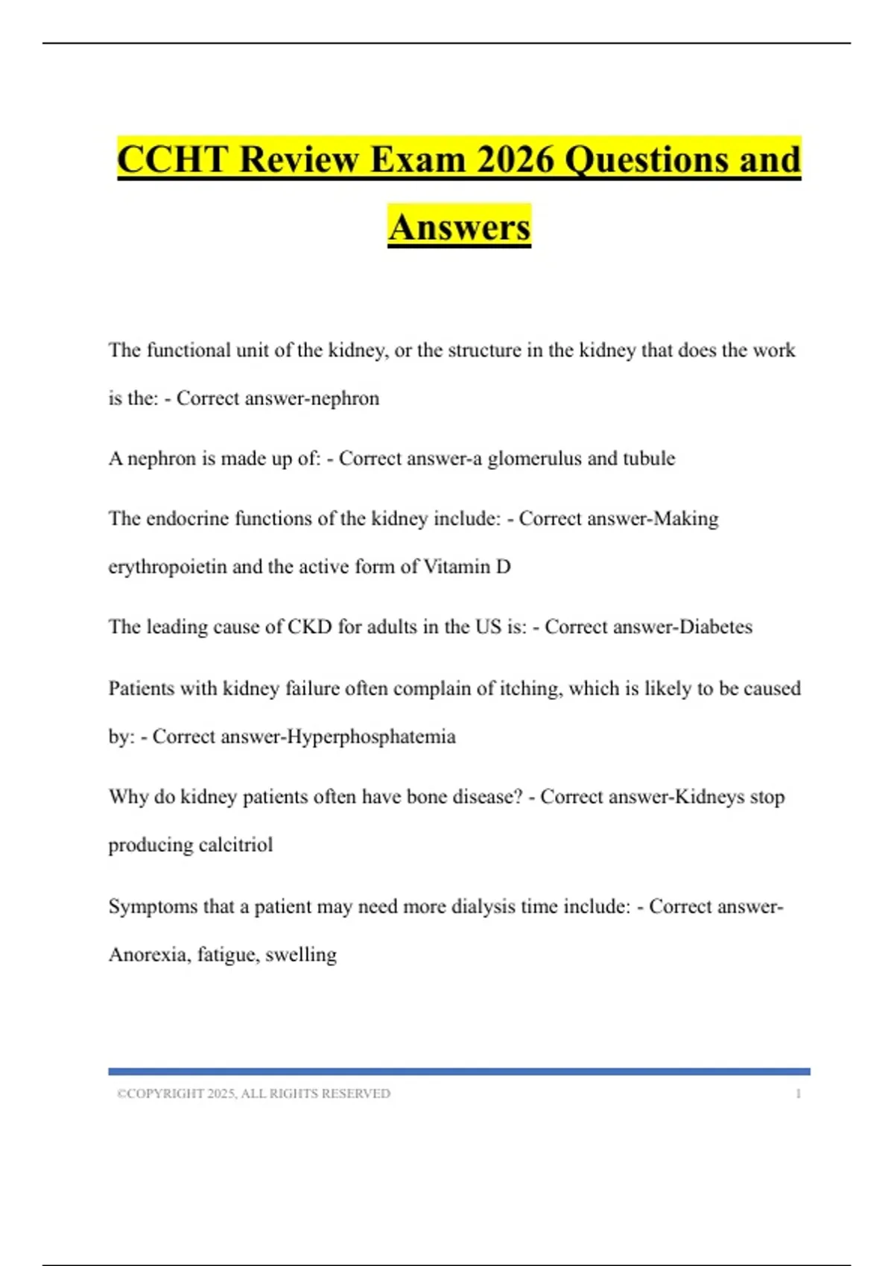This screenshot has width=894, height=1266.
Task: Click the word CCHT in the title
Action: pos(172,159)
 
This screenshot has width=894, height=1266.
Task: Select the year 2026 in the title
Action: pos(516,159)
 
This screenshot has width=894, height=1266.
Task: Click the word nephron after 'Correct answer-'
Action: pos(345,398)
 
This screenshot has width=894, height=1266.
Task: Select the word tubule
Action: pos(649,458)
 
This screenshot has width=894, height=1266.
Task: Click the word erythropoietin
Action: pos(168,567)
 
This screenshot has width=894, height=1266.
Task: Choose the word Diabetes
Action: pos(716,627)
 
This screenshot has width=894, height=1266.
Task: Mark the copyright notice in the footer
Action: pos(253,1093)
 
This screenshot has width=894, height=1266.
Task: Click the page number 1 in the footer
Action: pos(798,1093)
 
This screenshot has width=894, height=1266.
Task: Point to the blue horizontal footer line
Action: pos(459,1072)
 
